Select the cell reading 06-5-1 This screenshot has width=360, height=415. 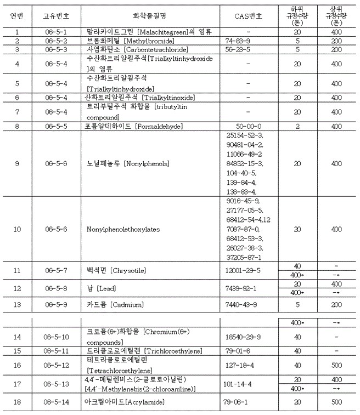(57, 32)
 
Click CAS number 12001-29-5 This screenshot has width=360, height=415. (243, 270)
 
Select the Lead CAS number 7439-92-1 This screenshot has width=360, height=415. (240, 288)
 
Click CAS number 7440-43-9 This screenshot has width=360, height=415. (240, 305)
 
